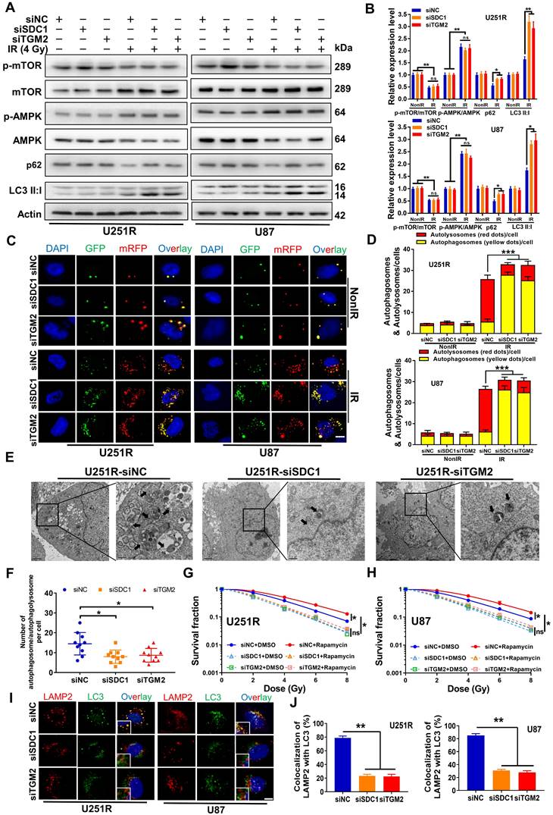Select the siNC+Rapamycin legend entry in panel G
[x=320, y=666]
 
